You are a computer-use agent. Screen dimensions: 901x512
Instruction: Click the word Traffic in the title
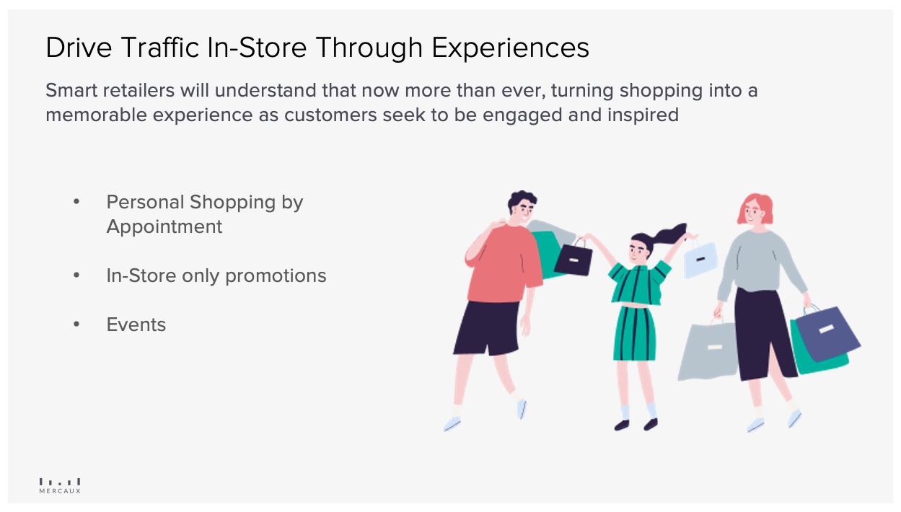pos(160,48)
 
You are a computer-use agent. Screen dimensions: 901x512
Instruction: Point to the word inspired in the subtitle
pos(643,115)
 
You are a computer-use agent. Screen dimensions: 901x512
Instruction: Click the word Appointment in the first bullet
pos(164,227)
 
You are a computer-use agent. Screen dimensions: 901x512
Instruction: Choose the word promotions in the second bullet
pos(276,276)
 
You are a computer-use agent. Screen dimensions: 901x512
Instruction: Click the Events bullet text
pos(136,325)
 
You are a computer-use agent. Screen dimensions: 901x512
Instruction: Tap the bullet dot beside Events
pos(76,325)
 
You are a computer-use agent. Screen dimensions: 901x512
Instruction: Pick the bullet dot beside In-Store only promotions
pos(76,275)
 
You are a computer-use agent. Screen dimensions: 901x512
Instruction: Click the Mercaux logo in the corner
pos(60,486)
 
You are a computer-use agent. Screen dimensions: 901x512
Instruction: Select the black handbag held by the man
pos(573,259)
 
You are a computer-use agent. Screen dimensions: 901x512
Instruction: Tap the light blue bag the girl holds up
pos(700,259)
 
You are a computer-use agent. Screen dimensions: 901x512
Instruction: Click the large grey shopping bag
pos(708,350)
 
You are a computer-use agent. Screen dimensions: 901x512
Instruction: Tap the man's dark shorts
pos(488,328)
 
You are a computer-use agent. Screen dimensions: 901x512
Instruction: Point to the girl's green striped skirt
pos(634,334)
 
